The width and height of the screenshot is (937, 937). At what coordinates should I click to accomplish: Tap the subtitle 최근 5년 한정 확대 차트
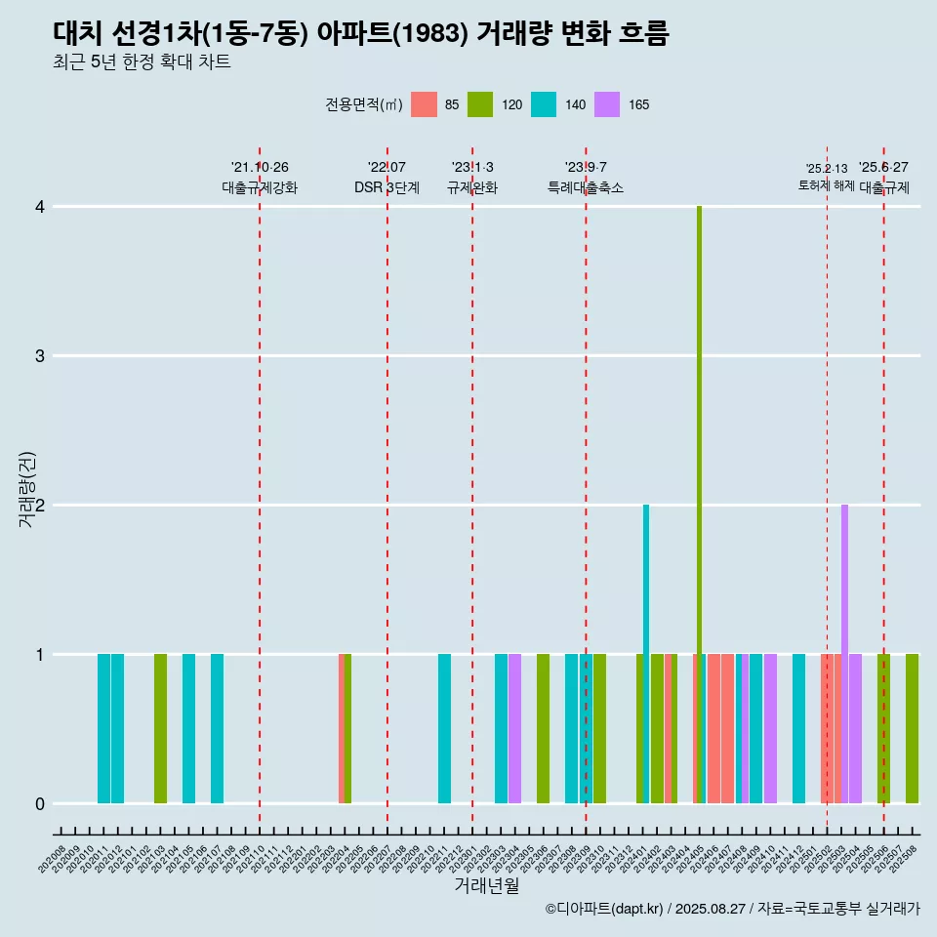click(x=142, y=62)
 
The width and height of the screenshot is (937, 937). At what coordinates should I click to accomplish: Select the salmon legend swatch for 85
click(x=424, y=104)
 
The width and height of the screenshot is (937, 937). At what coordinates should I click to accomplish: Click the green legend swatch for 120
click(x=479, y=104)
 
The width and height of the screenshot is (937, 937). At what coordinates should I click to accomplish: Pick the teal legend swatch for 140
click(x=544, y=104)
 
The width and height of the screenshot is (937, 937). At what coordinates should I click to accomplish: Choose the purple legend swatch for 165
click(x=607, y=104)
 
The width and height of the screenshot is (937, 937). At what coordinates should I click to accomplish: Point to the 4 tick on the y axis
click(x=40, y=207)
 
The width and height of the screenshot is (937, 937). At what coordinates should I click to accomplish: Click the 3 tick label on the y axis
click(x=40, y=356)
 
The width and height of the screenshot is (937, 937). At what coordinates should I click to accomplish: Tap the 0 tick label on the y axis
click(x=40, y=804)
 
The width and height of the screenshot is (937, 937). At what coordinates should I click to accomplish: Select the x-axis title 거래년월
click(x=486, y=885)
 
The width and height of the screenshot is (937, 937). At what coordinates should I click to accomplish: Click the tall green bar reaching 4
click(x=700, y=505)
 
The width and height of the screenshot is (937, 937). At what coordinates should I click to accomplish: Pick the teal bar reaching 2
click(x=646, y=654)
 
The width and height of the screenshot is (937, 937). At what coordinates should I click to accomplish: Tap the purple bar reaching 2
click(x=844, y=654)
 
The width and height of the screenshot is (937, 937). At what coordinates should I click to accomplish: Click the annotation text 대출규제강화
click(x=260, y=187)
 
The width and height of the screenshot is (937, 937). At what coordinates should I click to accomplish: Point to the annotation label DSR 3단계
click(x=387, y=187)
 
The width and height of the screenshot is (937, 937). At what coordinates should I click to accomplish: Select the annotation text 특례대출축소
click(x=586, y=187)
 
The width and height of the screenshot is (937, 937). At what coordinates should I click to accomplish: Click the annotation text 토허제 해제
click(x=827, y=185)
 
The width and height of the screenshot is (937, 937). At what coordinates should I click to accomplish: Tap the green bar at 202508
click(x=912, y=728)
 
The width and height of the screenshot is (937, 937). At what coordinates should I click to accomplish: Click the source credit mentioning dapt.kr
click(x=732, y=909)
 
